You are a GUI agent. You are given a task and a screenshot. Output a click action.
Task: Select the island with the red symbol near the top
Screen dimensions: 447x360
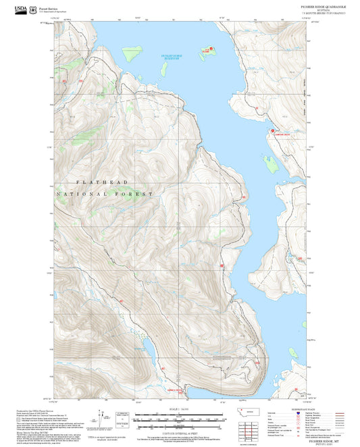pyautogui.click(x=206, y=51)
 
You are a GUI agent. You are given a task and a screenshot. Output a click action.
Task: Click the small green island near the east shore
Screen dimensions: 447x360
pyautogui.click(x=272, y=162)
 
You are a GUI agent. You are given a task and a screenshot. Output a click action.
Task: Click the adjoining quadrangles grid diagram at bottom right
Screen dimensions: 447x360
pyautogui.click(x=253, y=428)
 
